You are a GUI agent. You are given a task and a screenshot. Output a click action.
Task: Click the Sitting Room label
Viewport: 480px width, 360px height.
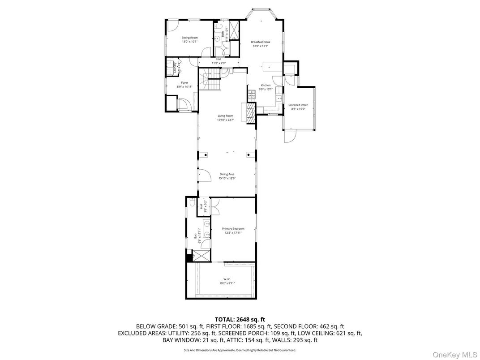pyautogui.click(x=189, y=38)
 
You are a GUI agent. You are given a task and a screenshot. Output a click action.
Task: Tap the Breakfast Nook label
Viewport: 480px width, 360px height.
pyautogui.click(x=260, y=42)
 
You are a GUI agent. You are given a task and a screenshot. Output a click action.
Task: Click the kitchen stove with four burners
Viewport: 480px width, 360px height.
pyautogui.click(x=251, y=94)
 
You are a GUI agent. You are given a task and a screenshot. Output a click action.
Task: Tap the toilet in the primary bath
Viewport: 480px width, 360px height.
pyautogui.click(x=192, y=203)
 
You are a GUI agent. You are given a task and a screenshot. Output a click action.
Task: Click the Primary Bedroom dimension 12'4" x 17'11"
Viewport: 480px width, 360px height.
pyautogui.click(x=233, y=232)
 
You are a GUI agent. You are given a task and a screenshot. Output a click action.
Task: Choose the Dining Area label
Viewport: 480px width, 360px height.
pyautogui.click(x=227, y=174)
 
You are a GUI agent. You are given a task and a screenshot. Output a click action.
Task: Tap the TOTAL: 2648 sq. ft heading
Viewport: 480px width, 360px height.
pyautogui.click(x=240, y=319)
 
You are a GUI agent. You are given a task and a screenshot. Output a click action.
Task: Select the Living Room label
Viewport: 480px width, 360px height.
pyautogui.click(x=226, y=116)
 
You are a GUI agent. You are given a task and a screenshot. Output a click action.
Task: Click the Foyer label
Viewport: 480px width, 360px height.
pyautogui.click(x=184, y=83)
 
